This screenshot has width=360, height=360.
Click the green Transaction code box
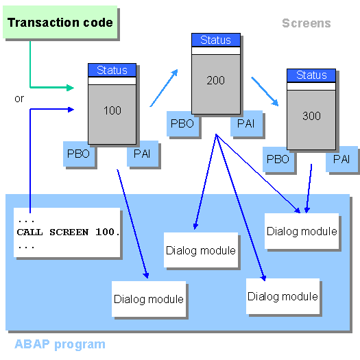60,23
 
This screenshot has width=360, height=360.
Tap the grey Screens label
306,23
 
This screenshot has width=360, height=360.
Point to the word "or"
19,99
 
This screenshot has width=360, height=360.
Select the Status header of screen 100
112,70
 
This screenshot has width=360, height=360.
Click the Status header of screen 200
215,40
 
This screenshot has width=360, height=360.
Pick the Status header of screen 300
311,75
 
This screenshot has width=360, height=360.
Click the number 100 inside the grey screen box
112,110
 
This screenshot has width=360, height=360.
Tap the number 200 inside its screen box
215,80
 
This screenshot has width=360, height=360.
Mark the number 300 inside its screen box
311,116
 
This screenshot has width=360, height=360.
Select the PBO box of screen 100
78,154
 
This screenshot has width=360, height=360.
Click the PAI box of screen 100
143,154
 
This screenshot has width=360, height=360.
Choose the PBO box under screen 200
182,123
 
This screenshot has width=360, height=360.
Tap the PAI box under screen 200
246,123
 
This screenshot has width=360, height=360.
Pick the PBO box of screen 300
278,159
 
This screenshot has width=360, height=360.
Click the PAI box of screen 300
341,159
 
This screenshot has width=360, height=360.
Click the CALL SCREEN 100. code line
68,232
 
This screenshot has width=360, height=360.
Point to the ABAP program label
60,344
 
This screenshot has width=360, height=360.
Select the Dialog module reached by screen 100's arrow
148,299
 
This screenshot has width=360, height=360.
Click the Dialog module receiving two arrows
302,231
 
